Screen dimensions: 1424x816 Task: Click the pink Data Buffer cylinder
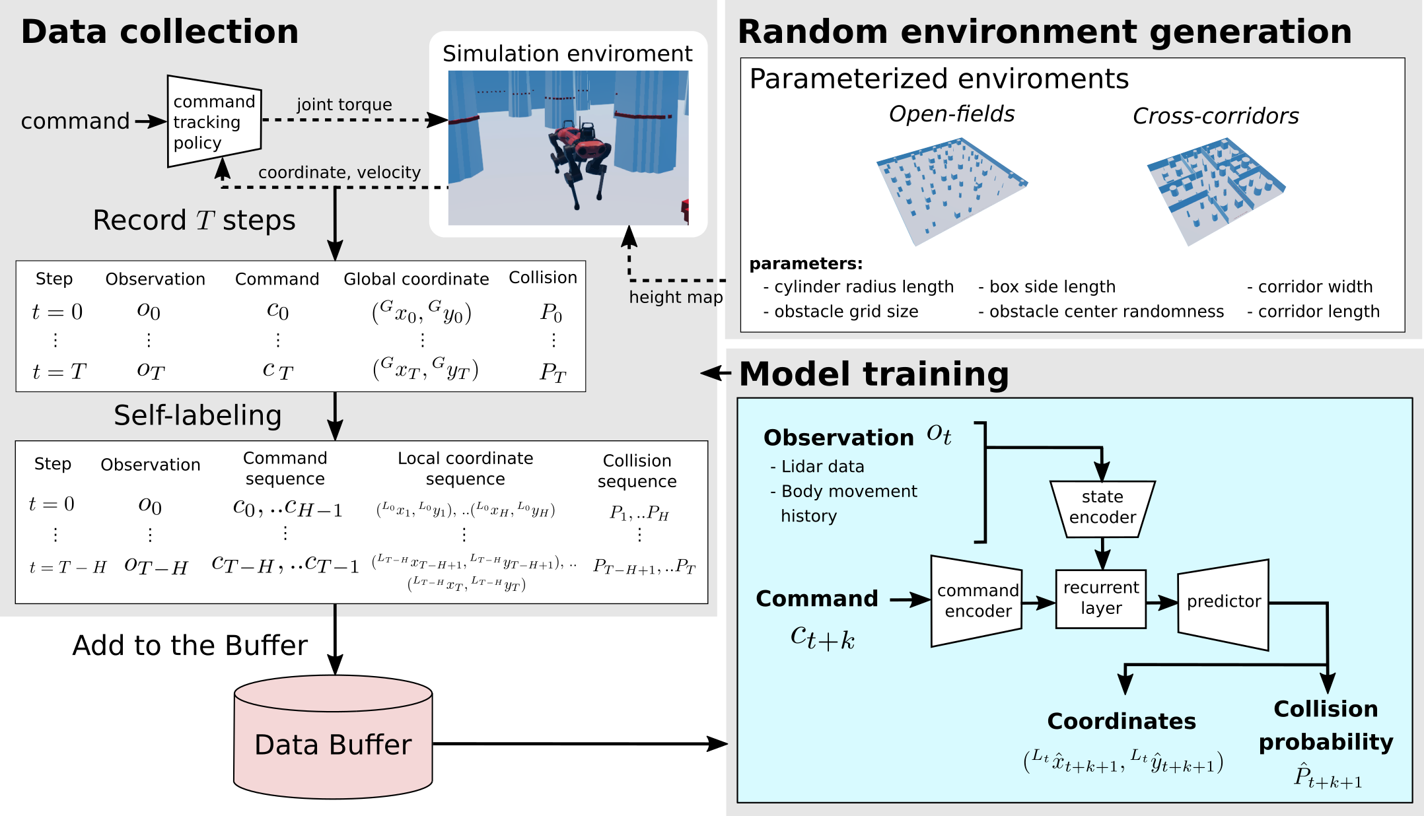333,737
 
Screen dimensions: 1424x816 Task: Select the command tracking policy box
214,121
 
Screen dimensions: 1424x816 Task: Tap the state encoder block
1102,509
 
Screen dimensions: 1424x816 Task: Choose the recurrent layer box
1100,599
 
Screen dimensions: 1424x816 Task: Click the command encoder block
977,601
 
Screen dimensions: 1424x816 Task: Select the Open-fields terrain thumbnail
952,191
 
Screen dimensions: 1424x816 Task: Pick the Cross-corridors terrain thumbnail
1216,191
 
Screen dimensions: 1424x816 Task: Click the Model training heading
874,374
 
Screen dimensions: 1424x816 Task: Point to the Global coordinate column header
416,279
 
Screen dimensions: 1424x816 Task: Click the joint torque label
344,105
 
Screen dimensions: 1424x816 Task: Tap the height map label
676,298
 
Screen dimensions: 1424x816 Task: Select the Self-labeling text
197,416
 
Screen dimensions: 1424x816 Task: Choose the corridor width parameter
1310,287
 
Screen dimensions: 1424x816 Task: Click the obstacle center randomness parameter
1101,312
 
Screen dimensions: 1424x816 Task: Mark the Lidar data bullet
817,467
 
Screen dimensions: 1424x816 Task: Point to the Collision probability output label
1326,725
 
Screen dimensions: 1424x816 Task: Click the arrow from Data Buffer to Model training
581,744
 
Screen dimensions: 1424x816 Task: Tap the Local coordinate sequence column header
465,469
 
